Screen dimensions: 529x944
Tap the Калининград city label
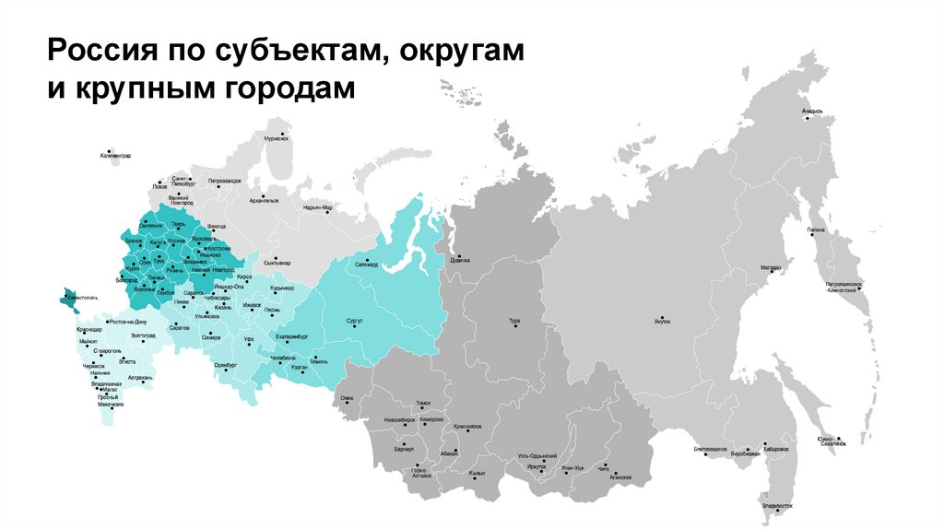[116, 156]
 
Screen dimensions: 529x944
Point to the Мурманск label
[277, 138]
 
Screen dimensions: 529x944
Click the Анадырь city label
[811, 112]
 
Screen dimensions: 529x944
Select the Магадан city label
[771, 268]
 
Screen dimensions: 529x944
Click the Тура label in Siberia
[514, 321]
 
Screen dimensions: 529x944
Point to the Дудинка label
[460, 260]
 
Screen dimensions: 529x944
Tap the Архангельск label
[264, 200]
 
